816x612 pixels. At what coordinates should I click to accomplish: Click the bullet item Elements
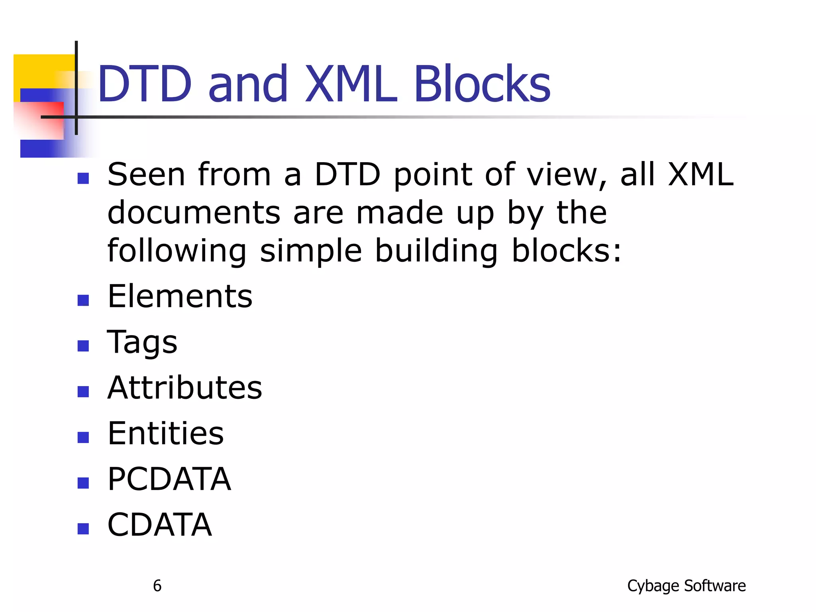[x=180, y=296]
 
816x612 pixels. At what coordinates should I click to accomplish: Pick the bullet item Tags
[x=142, y=343]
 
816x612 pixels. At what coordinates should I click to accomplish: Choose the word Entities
[x=166, y=433]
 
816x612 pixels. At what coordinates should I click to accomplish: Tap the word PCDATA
[x=169, y=479]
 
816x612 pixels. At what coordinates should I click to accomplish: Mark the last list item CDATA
[x=160, y=525]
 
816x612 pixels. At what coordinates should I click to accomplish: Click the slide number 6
[x=157, y=586]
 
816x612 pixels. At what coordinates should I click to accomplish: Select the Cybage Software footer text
[x=686, y=586]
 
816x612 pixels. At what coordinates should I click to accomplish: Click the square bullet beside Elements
[x=83, y=300]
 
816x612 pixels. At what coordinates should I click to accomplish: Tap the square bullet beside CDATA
[x=83, y=528]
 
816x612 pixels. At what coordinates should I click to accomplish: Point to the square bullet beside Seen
[x=83, y=178]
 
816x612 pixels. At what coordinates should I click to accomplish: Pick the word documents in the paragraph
[x=194, y=213]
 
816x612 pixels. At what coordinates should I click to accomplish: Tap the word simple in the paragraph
[x=311, y=252]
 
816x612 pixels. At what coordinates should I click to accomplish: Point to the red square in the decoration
[x=40, y=120]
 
